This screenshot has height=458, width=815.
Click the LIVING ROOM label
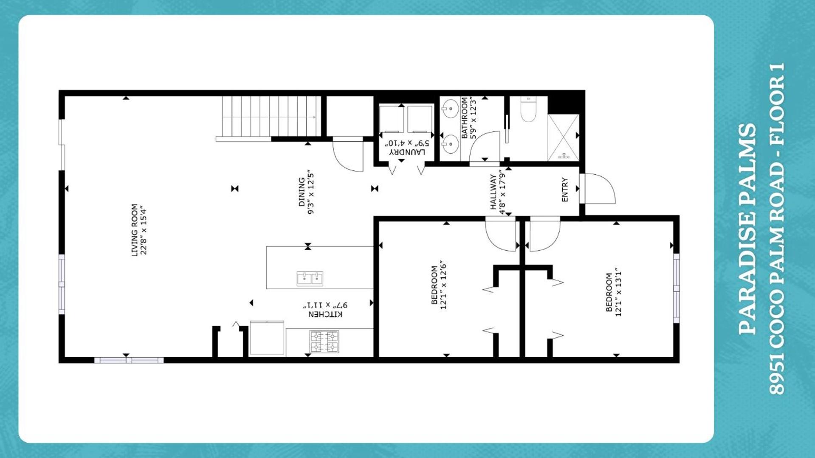coord(135,230)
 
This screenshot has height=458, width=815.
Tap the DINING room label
coord(302,192)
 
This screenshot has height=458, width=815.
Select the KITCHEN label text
coord(325,314)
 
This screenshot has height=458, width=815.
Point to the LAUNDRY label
coord(407,152)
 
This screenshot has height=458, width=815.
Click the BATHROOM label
coord(464,118)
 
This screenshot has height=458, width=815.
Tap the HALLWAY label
coord(493,192)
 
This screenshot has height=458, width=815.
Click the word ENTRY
coord(565,190)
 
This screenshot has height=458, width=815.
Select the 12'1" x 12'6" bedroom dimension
coord(444,285)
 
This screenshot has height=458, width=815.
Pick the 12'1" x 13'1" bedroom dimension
coord(618,292)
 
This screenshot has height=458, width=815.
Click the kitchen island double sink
coord(310,279)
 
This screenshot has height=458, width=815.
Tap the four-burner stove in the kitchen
coord(324,342)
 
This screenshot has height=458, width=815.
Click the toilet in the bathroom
coord(528,109)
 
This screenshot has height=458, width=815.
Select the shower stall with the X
coord(563,137)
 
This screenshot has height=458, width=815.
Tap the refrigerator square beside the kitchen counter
coord(267,338)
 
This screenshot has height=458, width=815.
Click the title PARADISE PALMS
coord(747,229)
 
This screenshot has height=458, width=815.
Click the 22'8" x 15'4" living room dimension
coord(144,230)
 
